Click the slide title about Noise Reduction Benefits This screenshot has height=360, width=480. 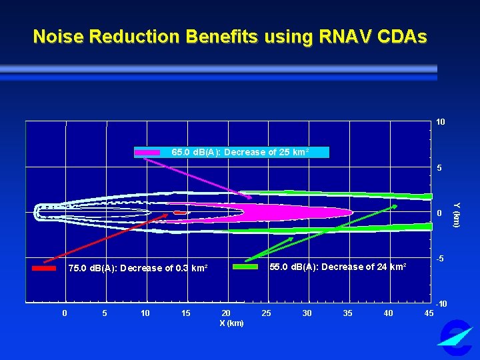(x=230, y=36)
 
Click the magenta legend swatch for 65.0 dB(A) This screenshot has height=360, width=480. (x=147, y=153)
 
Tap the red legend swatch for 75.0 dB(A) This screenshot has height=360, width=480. (x=44, y=268)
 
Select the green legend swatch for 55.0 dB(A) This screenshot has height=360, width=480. (x=245, y=267)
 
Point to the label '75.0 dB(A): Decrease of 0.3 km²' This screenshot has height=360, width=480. (x=138, y=268)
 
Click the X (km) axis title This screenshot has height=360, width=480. (x=231, y=323)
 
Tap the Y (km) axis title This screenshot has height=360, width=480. (x=457, y=214)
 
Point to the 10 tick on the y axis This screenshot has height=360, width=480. (x=441, y=123)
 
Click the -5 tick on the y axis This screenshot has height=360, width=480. (x=440, y=258)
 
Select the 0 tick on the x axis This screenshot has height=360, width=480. (x=64, y=313)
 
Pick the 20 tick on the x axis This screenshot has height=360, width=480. (x=226, y=313)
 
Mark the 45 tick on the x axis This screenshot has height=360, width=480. (x=429, y=313)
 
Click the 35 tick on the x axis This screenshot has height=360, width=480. (x=348, y=313)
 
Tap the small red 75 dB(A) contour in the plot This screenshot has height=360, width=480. (x=178, y=213)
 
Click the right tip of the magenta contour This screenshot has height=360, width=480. (x=351, y=213)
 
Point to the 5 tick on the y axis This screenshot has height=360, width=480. (x=440, y=168)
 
